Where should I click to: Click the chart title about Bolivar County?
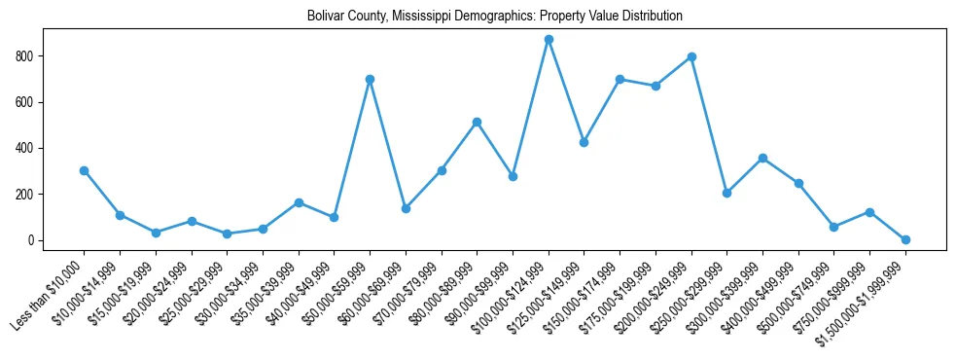coord(494,17)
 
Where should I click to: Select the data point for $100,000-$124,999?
coord(549,40)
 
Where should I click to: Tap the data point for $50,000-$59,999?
coord(370,79)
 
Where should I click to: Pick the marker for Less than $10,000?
coord(84,170)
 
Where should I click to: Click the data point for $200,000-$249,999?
coord(691,56)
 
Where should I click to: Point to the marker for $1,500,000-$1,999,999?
coord(905,239)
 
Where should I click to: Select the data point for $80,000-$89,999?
coord(477,122)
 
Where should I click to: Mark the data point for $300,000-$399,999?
coord(762,158)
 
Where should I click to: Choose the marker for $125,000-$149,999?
coord(584,142)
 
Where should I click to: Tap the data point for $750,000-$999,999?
coord(869,212)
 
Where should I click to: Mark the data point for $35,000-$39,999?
coord(299,202)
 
